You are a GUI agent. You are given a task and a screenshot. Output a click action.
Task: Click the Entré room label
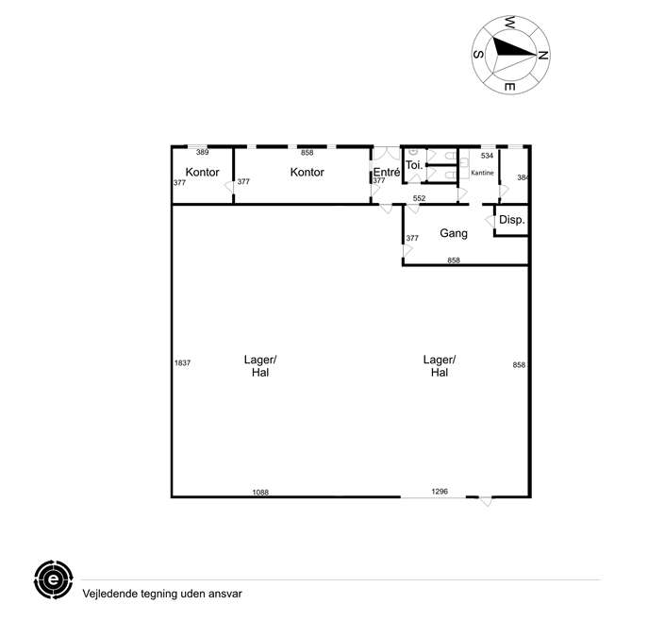tap(387, 172)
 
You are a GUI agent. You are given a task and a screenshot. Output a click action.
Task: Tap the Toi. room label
tap(414, 165)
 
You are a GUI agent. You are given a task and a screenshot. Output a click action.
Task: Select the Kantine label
tap(482, 173)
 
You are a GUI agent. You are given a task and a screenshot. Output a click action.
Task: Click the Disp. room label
tap(512, 220)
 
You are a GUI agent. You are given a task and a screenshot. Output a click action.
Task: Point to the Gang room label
tap(454, 233)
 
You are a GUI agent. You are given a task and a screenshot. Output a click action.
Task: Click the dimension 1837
tap(182, 363)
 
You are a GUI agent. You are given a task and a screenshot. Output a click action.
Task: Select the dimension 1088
tap(260, 492)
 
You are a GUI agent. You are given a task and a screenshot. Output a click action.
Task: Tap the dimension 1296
tap(440, 491)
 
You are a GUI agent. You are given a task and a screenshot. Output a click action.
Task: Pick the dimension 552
tap(419, 198)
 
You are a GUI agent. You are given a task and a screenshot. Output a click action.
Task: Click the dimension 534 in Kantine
tap(487, 156)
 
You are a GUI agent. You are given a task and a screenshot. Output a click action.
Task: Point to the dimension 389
tap(202, 152)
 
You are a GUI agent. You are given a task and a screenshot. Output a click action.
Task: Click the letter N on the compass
tap(543, 55)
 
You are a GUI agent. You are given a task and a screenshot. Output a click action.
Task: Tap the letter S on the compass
tap(478, 54)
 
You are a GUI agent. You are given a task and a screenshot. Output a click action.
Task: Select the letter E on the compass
tap(509, 87)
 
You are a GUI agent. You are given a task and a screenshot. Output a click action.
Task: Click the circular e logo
tap(54, 579)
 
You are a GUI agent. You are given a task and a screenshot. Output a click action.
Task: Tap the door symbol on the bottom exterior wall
tap(486, 501)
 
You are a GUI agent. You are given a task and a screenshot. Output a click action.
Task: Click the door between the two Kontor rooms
tap(230, 187)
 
